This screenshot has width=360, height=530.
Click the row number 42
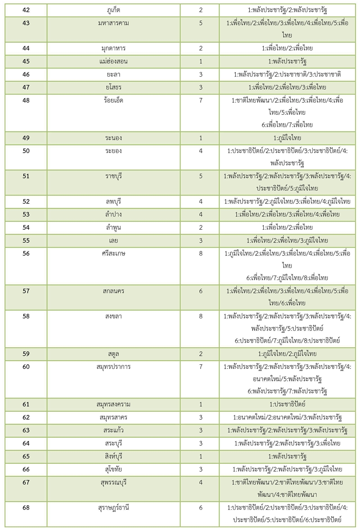point(25,9)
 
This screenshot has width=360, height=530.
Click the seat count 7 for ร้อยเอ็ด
point(201,100)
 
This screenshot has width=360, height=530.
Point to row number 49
point(25,138)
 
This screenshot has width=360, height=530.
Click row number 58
point(25,317)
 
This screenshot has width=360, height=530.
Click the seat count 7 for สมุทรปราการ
point(201,367)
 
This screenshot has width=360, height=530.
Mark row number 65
point(25,456)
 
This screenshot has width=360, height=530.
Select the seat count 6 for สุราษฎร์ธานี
point(201,507)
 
